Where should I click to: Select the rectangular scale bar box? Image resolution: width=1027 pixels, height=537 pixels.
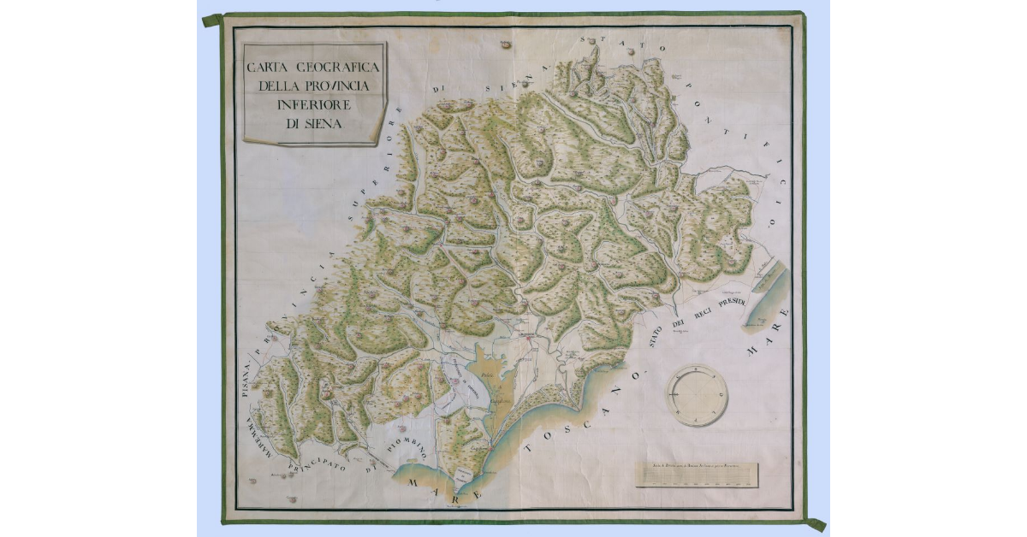point(698,475)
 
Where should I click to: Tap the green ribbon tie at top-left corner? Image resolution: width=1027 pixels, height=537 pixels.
point(213,20)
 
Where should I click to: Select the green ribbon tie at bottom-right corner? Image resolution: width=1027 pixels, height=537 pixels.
point(816,523)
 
